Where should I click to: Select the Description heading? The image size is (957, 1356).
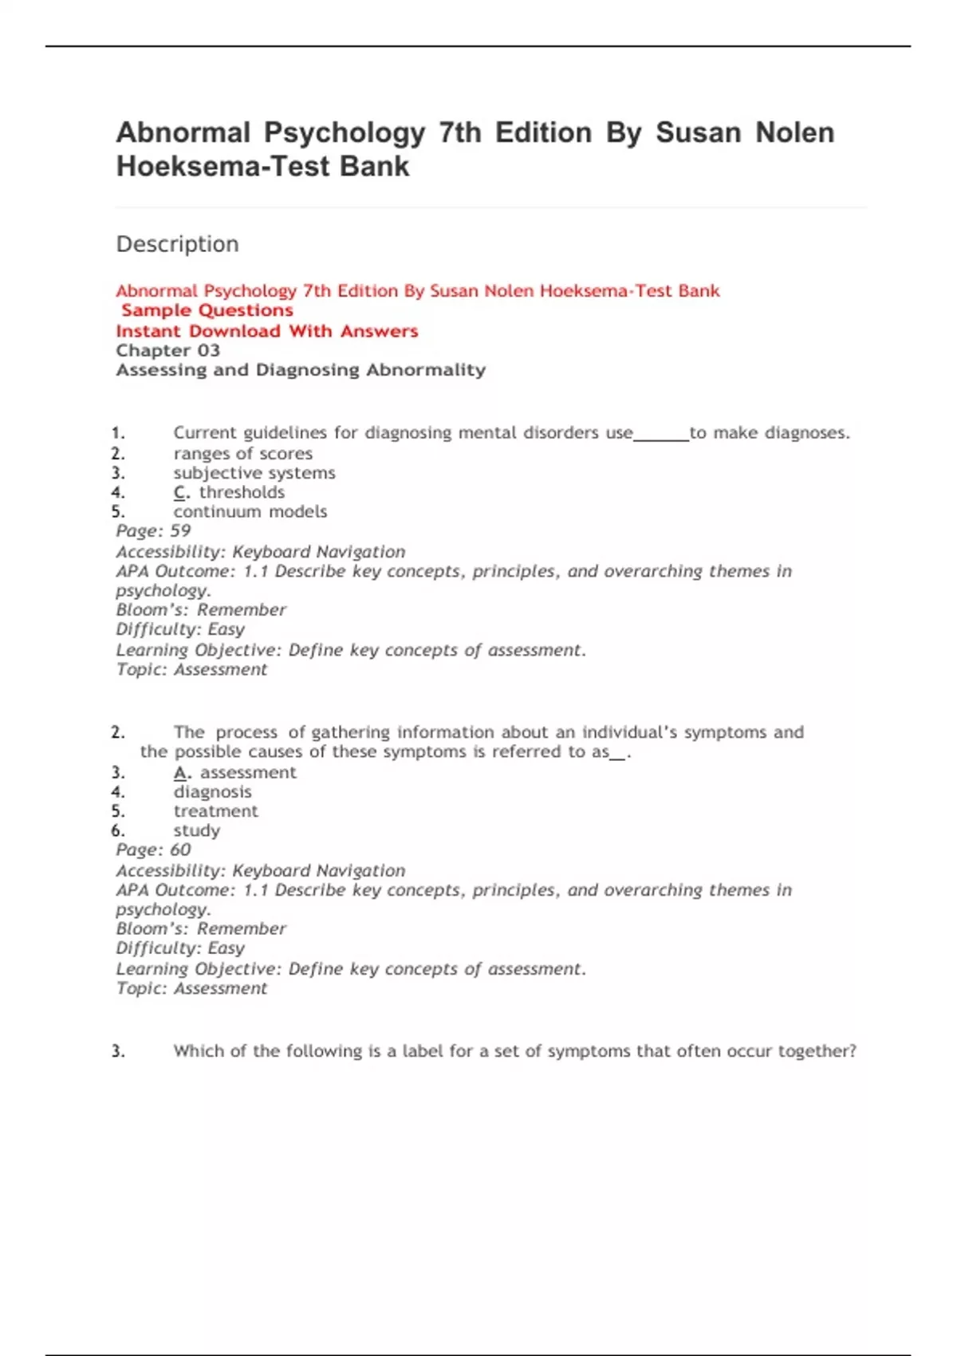tap(177, 244)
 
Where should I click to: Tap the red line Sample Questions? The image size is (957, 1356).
tap(207, 310)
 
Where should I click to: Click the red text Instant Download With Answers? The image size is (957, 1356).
tap(266, 331)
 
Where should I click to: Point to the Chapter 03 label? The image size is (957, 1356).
tap(167, 351)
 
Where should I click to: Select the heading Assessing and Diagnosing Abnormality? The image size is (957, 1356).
tap(301, 370)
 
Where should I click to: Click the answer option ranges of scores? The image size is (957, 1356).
tap(242, 454)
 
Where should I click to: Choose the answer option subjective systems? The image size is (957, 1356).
tap(254, 473)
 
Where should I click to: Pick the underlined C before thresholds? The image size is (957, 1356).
tap(180, 492)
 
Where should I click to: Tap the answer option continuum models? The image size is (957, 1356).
tap(250, 512)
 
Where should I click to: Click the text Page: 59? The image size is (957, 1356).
tap(153, 531)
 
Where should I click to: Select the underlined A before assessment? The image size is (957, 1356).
tap(181, 772)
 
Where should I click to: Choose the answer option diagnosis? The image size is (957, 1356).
tap(212, 792)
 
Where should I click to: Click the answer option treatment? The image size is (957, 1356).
tap(215, 811)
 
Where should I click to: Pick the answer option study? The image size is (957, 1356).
tap(196, 831)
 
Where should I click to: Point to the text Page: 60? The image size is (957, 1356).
tap(153, 850)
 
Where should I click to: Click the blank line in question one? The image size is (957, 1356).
tap(661, 436)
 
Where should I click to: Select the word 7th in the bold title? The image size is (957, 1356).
tap(459, 132)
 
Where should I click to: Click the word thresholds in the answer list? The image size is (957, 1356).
tap(242, 492)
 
